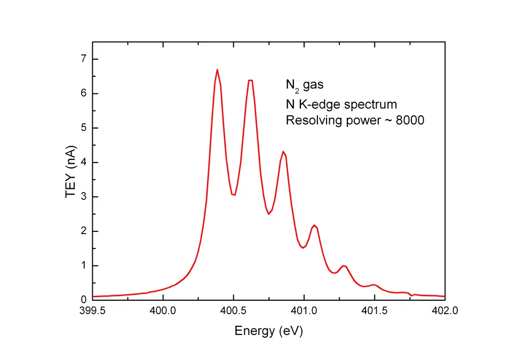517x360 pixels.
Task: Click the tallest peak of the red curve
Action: click(217, 70)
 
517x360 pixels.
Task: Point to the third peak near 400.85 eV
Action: click(283, 151)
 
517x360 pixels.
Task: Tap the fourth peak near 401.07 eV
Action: click(314, 225)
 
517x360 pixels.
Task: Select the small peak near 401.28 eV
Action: click(344, 266)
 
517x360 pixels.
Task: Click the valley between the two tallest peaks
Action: click(233, 195)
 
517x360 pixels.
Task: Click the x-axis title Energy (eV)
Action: click(268, 331)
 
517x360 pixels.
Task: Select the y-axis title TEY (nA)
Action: click(70, 179)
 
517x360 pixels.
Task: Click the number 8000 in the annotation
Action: click(409, 121)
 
